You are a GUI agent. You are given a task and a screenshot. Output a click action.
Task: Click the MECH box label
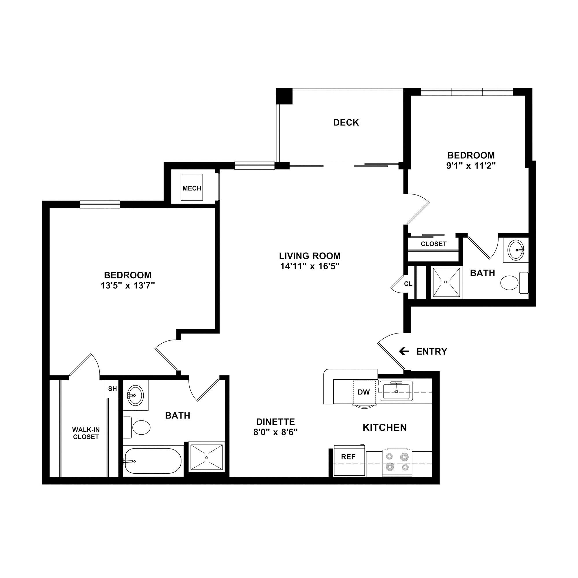(x=192, y=188)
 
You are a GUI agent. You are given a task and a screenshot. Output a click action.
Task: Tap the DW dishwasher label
(x=364, y=392)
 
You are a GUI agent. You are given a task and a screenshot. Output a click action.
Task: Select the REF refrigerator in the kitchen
(x=349, y=457)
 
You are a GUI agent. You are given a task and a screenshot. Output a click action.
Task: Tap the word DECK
(x=346, y=122)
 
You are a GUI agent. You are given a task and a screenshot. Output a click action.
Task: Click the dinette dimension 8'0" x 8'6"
(x=275, y=432)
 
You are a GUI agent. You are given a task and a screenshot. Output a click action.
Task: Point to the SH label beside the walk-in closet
(x=112, y=389)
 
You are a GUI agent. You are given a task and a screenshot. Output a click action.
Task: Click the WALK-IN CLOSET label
(x=86, y=433)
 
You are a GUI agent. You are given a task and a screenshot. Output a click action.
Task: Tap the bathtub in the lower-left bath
(x=153, y=461)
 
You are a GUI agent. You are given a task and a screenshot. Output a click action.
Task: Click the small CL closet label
(x=408, y=284)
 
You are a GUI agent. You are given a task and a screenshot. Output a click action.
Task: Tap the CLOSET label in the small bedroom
(x=433, y=244)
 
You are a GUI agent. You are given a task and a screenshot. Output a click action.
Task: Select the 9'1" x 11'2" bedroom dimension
(x=471, y=165)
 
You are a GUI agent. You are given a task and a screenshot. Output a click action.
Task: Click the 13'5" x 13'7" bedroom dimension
(x=127, y=286)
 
